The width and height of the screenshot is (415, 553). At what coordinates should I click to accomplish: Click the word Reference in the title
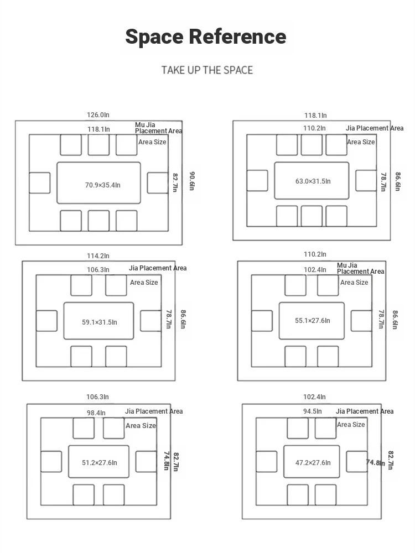point(237,36)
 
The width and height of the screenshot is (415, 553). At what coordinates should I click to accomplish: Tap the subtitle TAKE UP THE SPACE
point(207,70)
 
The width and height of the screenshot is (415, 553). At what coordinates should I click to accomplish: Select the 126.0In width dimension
point(98,115)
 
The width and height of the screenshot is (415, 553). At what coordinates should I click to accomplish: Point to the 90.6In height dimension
point(192,181)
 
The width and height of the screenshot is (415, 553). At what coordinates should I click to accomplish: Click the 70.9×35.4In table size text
point(103,185)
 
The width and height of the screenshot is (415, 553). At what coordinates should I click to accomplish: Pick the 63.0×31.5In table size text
point(313,181)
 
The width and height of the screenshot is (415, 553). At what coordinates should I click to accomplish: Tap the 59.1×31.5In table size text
point(100,322)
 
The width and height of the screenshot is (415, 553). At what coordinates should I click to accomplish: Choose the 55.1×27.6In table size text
point(313,321)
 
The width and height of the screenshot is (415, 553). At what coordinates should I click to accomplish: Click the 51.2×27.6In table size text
point(100,463)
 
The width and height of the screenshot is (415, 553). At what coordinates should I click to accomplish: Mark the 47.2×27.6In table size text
point(313,463)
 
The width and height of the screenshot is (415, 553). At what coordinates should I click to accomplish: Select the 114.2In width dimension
point(98,256)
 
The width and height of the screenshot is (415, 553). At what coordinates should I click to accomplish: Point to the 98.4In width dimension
point(96,413)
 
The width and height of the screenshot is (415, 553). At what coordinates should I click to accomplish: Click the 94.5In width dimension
point(312,411)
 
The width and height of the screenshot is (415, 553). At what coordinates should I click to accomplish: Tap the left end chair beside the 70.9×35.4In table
point(39,183)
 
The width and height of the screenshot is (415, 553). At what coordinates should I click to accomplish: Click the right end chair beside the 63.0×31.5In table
point(366,181)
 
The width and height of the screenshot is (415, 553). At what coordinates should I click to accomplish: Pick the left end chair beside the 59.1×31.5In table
point(46,321)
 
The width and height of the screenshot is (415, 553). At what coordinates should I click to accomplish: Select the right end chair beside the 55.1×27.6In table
point(361,321)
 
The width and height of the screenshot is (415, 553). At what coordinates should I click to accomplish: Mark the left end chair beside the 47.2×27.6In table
point(267,461)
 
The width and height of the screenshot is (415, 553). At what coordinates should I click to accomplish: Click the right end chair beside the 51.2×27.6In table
point(146,461)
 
